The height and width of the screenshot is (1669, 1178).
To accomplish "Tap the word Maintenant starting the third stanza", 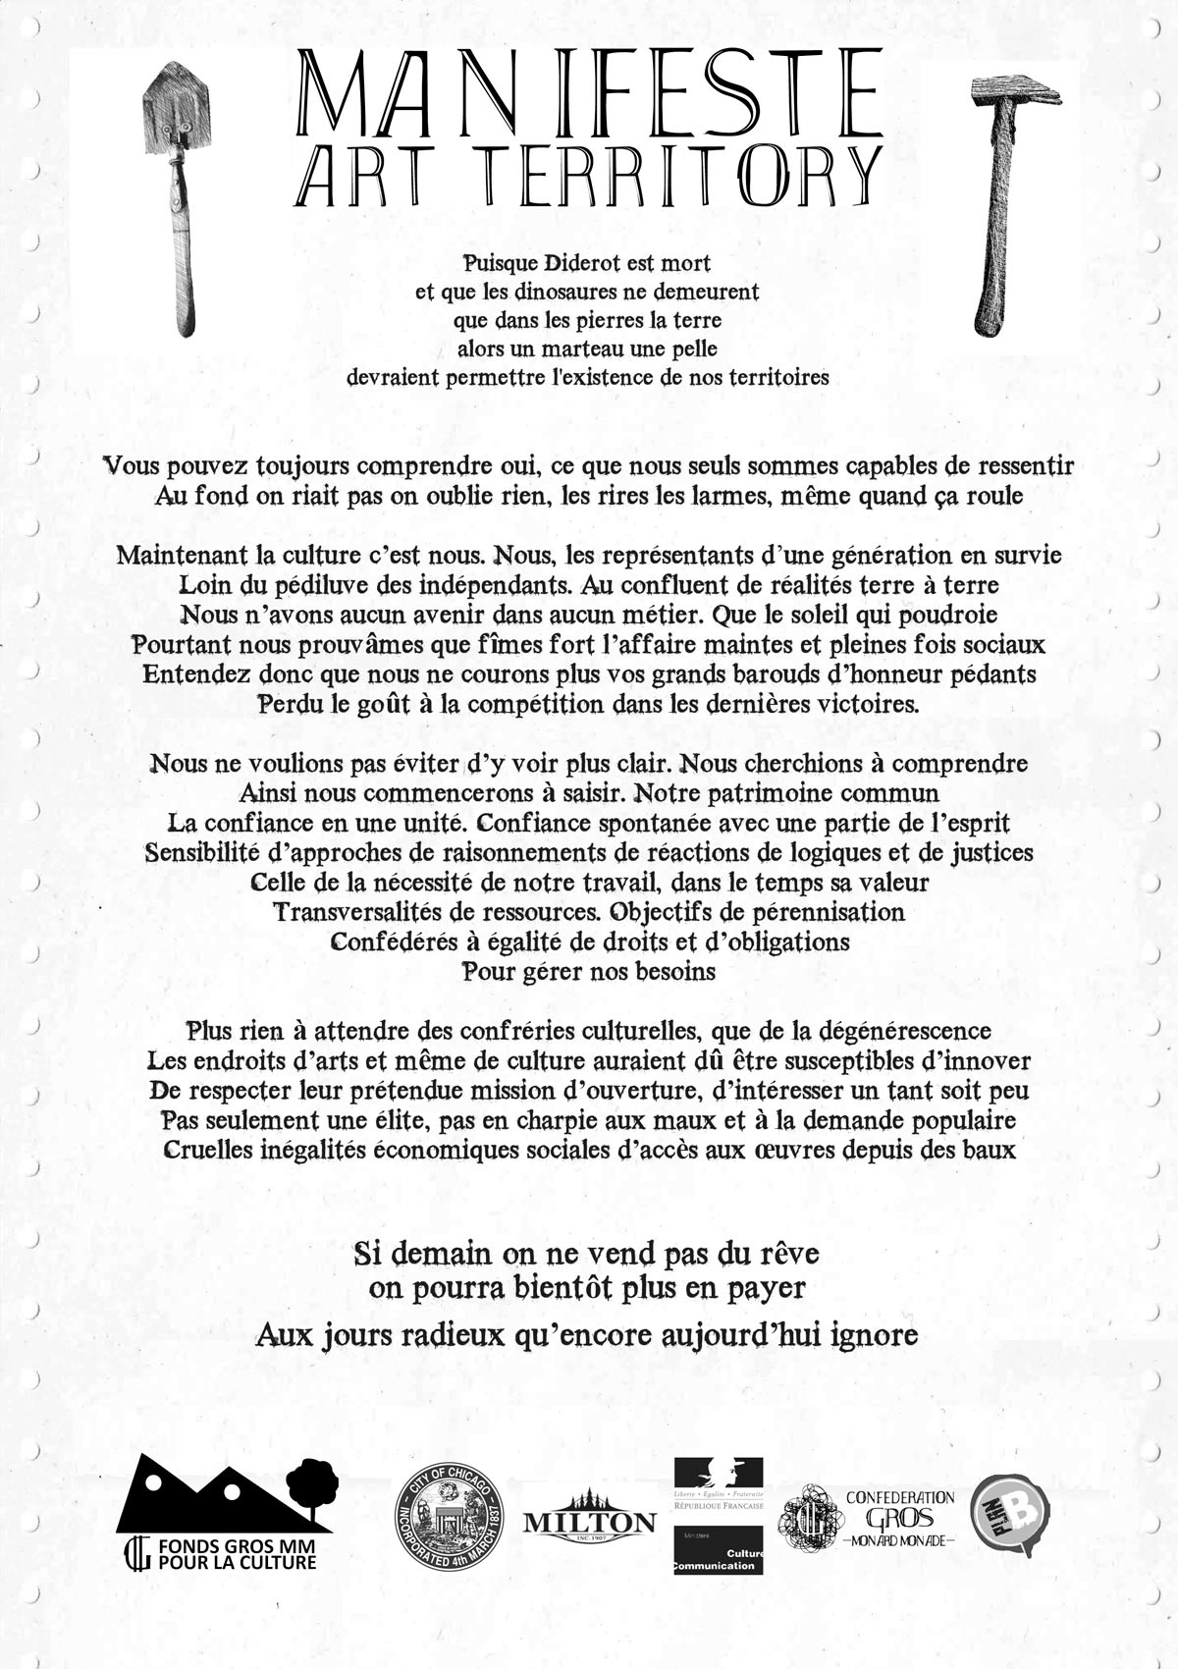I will tap(180, 556).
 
